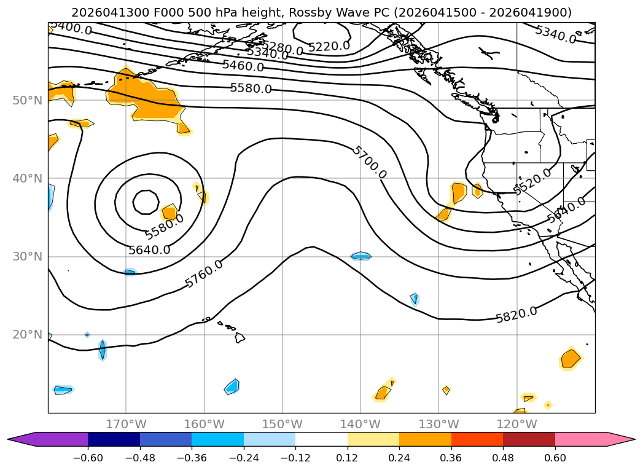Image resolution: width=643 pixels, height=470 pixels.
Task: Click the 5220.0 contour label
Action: tap(329, 46)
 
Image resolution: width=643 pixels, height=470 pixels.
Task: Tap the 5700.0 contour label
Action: tap(370, 162)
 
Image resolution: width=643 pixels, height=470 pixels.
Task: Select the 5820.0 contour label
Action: tap(516, 315)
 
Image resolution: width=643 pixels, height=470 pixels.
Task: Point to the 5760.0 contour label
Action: tap(204, 273)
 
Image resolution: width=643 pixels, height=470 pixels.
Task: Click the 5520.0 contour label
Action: tap(532, 181)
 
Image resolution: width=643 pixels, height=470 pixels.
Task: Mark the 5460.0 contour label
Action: tap(243, 65)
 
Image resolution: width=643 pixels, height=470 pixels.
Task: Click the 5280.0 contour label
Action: tap(282, 47)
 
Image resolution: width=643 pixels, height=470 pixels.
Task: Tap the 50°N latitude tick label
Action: tap(28, 101)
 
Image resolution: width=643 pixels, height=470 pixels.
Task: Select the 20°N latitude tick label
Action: tap(28, 335)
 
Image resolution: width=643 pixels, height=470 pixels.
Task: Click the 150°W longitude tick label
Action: tap(282, 424)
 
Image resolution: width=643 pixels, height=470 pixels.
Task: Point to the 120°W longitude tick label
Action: tap(516, 424)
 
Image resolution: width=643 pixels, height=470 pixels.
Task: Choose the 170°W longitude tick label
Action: tap(126, 424)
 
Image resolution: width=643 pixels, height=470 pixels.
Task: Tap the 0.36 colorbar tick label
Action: tap(451, 458)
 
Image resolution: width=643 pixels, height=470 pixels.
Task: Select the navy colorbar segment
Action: tap(114, 439)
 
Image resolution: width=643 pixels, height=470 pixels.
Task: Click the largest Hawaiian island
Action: tap(240, 338)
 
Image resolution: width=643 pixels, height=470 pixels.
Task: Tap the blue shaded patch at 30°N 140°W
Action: tap(361, 256)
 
